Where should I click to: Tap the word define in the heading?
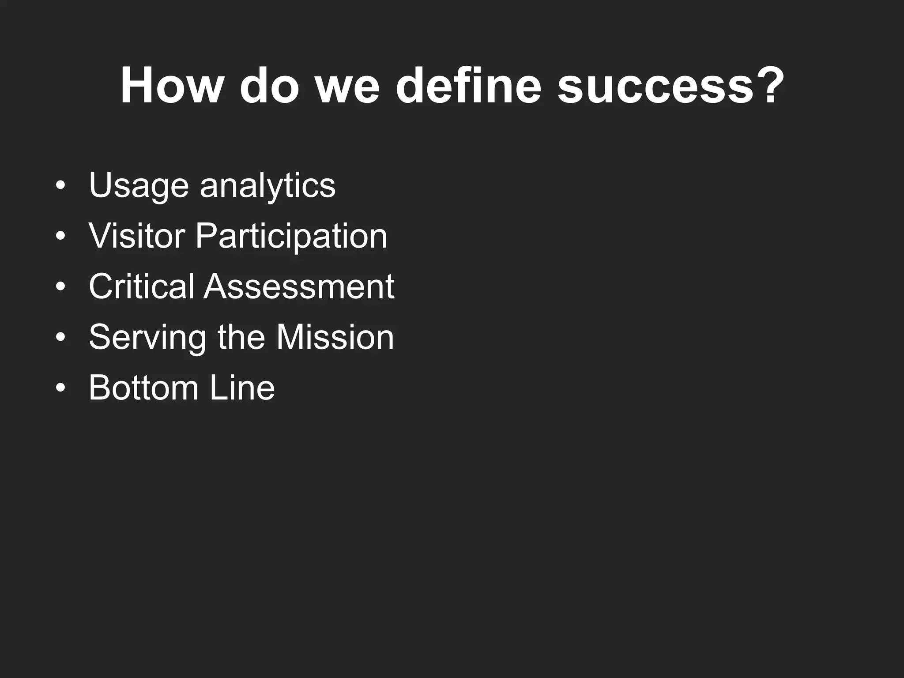468,86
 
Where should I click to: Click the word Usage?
139,185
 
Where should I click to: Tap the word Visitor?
136,236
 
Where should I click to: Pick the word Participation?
291,236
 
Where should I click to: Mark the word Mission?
335,337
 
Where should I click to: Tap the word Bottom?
143,388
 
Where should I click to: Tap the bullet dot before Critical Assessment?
60,287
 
